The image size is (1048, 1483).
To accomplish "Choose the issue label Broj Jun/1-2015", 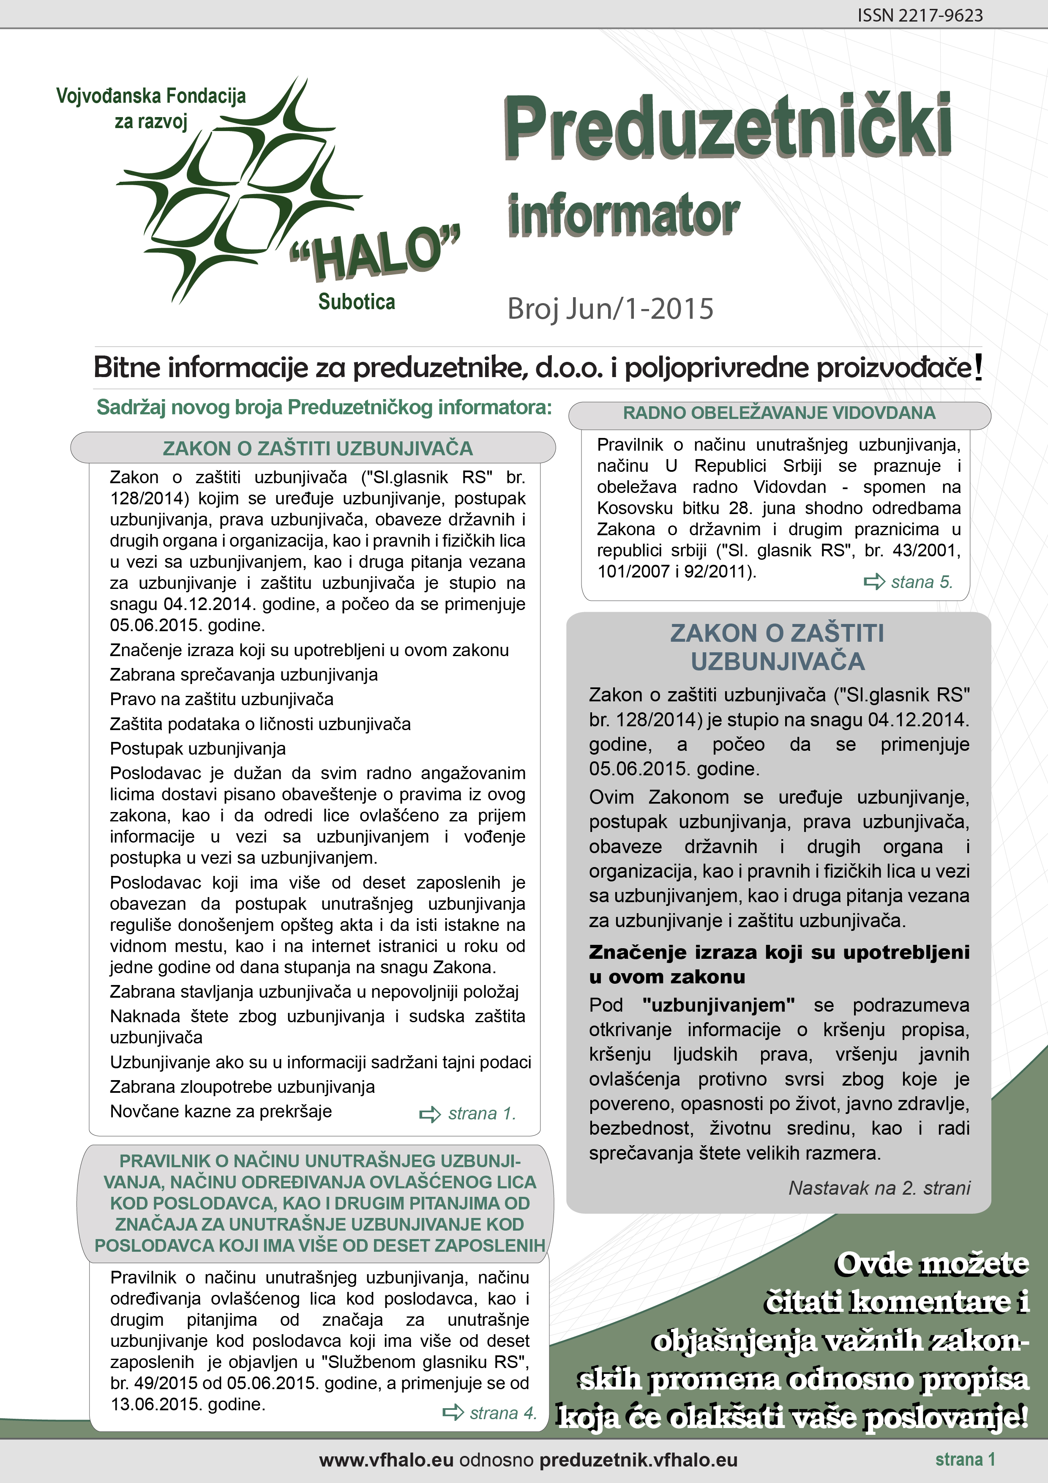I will coord(610,309).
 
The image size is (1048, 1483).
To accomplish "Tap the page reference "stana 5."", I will coord(922,582).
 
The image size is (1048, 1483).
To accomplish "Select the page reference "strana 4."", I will coord(503,1412).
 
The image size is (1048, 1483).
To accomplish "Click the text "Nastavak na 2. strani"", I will coord(879,1188).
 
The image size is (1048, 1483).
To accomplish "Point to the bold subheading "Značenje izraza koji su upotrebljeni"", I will coord(779,952).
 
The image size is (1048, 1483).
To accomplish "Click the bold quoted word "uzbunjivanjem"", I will coord(718,1005).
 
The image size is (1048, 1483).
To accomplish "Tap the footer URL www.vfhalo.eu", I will coord(385,1460).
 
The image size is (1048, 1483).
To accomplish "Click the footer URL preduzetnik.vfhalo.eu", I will coord(638,1460).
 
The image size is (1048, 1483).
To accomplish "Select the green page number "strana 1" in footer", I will coord(965,1459).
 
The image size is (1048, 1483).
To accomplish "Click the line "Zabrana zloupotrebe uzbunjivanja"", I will coord(242,1086).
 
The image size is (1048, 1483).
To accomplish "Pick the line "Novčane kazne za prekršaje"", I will coord(221,1111).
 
